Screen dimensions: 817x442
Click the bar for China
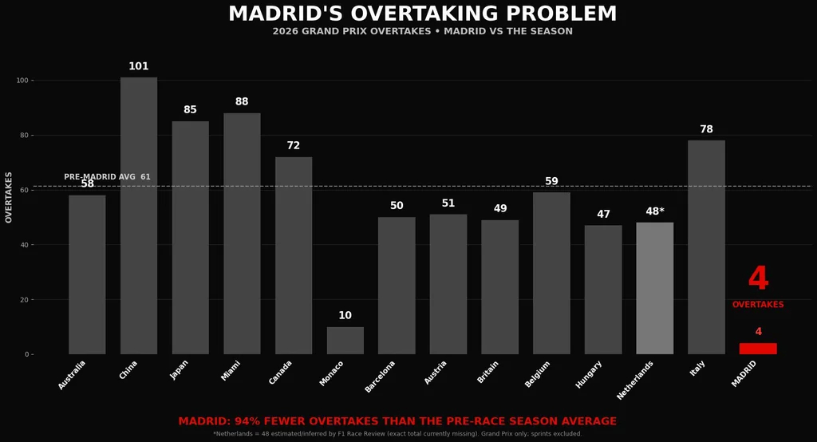click(x=139, y=215)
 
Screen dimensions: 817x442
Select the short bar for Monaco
click(x=345, y=341)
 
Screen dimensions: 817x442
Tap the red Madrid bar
click(x=758, y=349)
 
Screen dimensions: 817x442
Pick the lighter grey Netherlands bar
click(x=655, y=288)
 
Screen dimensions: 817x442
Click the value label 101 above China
click(x=139, y=66)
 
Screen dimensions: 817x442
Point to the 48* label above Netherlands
click(x=655, y=211)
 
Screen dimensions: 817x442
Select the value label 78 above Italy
click(x=707, y=128)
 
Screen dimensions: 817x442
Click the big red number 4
click(x=758, y=278)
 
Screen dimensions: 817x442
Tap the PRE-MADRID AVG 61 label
click(x=108, y=176)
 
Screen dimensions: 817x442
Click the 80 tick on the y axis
click(x=23, y=136)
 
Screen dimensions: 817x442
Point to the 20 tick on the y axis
click(x=23, y=300)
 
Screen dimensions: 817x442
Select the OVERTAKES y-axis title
click(x=9, y=198)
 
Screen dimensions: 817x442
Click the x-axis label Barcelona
click(x=381, y=377)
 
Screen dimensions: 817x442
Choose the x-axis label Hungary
click(x=589, y=374)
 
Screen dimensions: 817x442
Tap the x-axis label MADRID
click(x=744, y=373)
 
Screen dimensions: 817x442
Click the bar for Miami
click(x=242, y=234)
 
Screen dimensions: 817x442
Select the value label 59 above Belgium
click(x=552, y=181)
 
